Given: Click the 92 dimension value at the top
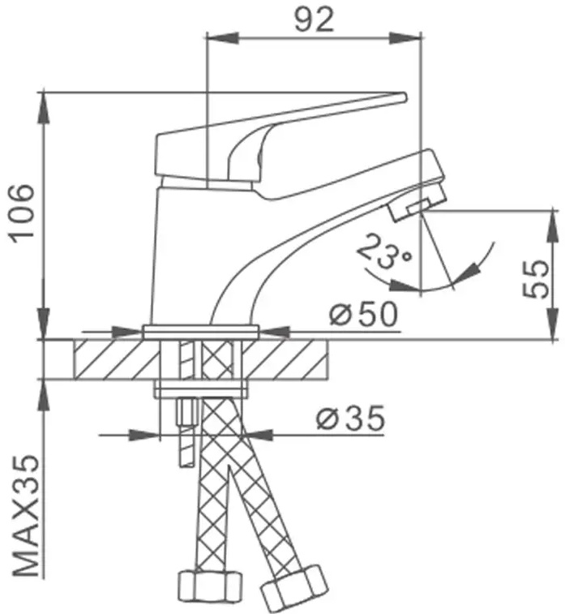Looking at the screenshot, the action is (315, 19).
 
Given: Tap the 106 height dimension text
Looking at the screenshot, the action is (23, 213).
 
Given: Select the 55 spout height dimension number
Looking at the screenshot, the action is (536, 278).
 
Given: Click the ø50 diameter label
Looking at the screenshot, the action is (363, 314).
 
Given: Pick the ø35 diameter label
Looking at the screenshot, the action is (350, 419).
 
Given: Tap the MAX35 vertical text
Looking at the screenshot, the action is (27, 516).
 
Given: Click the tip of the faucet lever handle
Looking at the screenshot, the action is (404, 97).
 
